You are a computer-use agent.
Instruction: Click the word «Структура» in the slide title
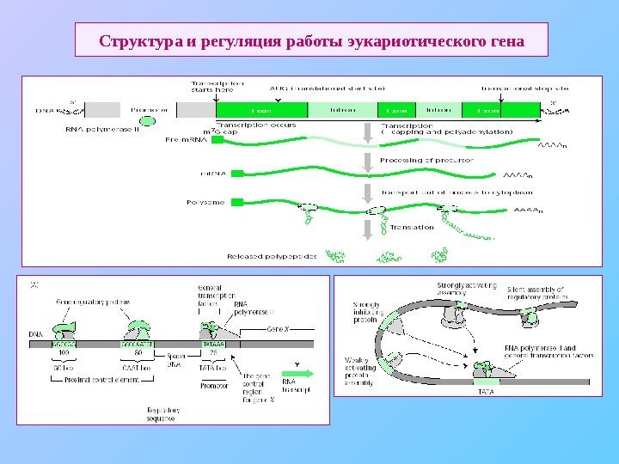(x=137, y=40)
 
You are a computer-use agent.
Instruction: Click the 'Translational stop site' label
(x=524, y=88)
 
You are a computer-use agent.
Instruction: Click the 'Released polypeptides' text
(x=270, y=256)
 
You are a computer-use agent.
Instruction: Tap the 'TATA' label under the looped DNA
(x=486, y=391)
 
